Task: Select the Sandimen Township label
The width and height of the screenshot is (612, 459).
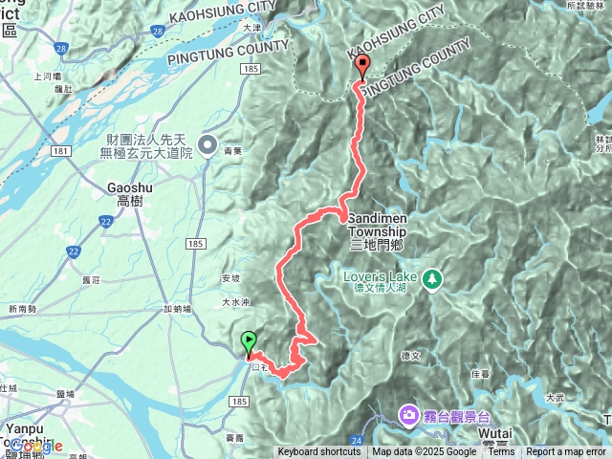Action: pyautogui.click(x=378, y=225)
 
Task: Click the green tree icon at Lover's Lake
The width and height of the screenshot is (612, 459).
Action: pyautogui.click(x=433, y=278)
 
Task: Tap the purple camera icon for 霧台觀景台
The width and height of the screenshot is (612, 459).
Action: pyautogui.click(x=408, y=413)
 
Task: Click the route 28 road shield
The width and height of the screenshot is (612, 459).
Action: pyautogui.click(x=61, y=47)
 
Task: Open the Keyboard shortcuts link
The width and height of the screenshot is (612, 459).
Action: pyautogui.click(x=319, y=452)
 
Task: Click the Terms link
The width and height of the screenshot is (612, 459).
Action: pyautogui.click(x=501, y=452)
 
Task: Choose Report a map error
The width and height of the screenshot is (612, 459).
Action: pyautogui.click(x=567, y=452)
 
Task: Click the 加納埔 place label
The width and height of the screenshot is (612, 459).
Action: pyautogui.click(x=177, y=308)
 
